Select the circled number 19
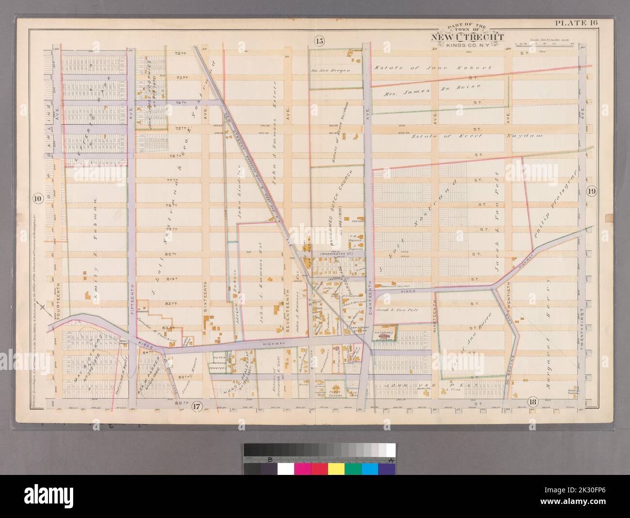coord(592,191)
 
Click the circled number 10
coord(37,198)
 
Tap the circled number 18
coord(533,402)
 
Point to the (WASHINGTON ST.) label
coord(334,253)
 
